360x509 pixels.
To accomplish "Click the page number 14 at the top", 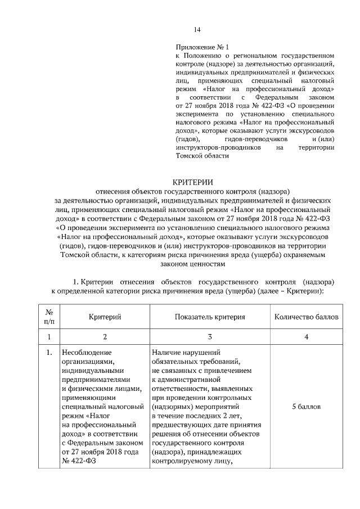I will click(x=197, y=30).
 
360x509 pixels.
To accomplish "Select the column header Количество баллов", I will click(x=306, y=317).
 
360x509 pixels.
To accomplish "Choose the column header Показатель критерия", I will click(x=209, y=317).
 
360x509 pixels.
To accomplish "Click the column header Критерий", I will click(x=105, y=317).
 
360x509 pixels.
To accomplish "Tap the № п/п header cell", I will click(x=49, y=317).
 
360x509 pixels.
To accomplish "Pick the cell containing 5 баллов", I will click(x=306, y=406).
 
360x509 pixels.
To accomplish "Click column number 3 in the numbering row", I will click(x=209, y=337).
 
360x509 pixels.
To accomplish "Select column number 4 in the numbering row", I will click(x=306, y=337).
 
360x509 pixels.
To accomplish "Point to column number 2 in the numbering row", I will click(x=105, y=337).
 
